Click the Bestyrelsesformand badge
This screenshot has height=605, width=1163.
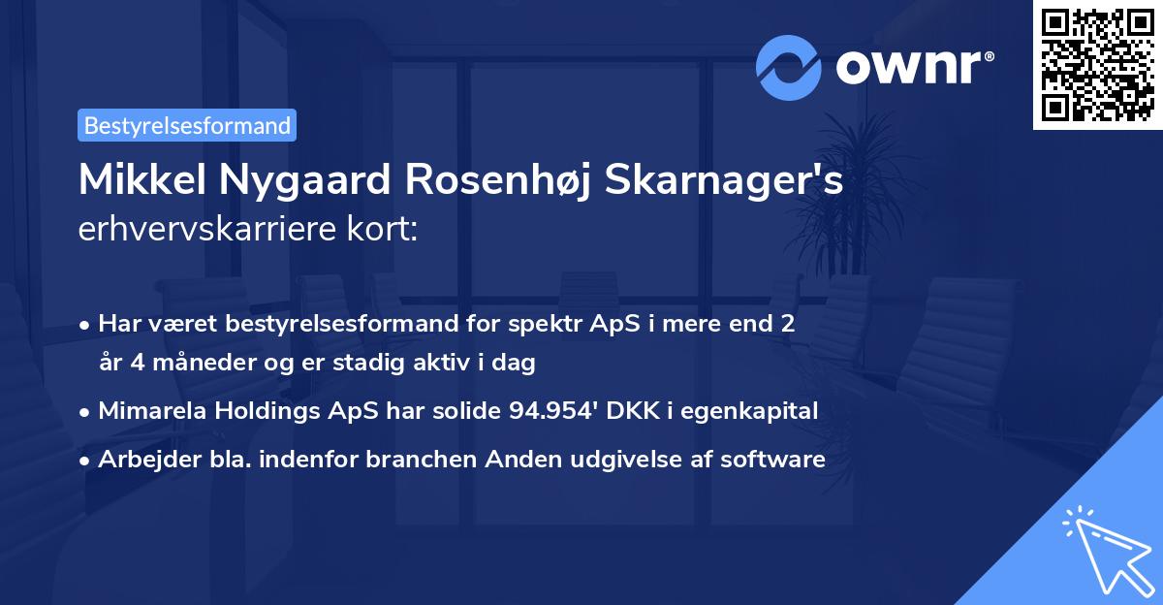tap(187, 125)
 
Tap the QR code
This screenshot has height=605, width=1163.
tap(1097, 64)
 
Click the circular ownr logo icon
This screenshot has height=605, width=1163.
tap(788, 68)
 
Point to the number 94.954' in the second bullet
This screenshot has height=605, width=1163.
tap(552, 410)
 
